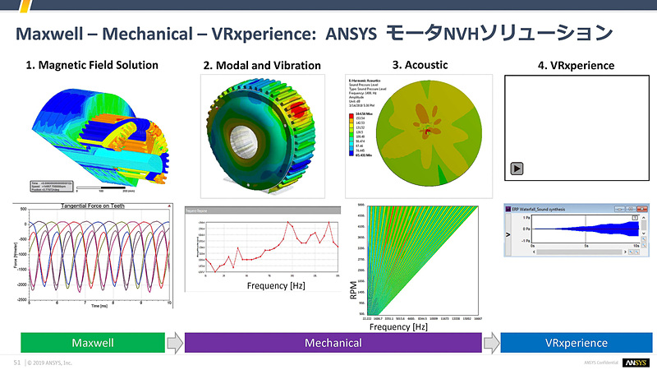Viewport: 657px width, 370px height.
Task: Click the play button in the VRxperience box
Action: tap(517, 169)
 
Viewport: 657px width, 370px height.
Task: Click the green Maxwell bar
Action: tap(92, 342)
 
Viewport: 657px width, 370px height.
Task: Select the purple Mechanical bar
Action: tap(333, 342)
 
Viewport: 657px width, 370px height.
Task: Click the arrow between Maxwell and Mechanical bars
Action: tap(175, 342)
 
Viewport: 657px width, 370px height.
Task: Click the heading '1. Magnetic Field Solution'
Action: tap(92, 65)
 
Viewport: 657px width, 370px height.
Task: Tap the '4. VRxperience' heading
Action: tap(572, 65)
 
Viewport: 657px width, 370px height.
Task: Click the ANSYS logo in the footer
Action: tap(636, 362)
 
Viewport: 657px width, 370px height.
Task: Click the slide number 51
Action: tap(16, 362)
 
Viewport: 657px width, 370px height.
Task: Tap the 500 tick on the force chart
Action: tap(23, 210)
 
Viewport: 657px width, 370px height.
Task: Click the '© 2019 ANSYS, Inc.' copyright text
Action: tap(51, 362)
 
